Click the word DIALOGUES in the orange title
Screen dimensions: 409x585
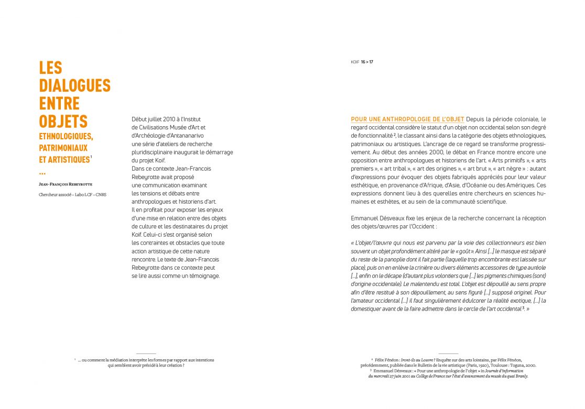74,85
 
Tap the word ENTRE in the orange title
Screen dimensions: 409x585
59,103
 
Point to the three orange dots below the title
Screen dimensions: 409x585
42,173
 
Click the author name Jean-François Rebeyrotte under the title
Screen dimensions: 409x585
66,184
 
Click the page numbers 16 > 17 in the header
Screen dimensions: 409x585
367,62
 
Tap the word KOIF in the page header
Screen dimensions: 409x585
355,62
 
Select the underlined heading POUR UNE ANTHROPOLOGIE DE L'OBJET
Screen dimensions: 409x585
407,119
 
